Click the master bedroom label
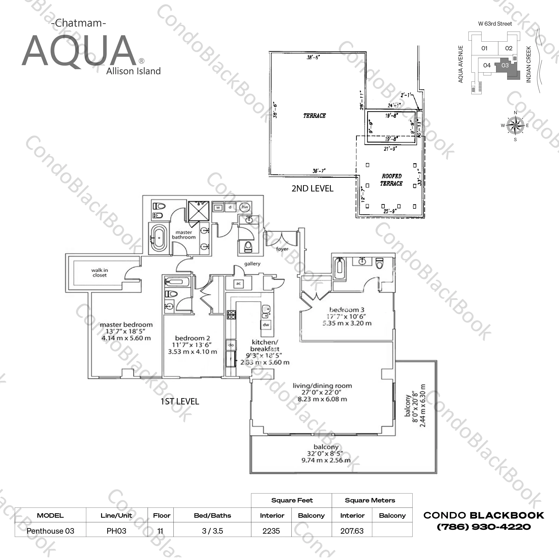(126, 325)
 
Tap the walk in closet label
(100, 273)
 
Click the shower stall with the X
(198, 211)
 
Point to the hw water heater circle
(245, 207)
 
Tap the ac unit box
(238, 284)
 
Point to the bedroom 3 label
(347, 310)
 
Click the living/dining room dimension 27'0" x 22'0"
(321, 392)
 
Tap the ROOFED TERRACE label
(392, 180)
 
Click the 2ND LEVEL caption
(312, 188)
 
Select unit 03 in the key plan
(505, 65)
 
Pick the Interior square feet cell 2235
(271, 531)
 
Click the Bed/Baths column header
(212, 515)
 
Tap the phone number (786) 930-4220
(484, 527)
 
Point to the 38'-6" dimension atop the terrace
(313, 58)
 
